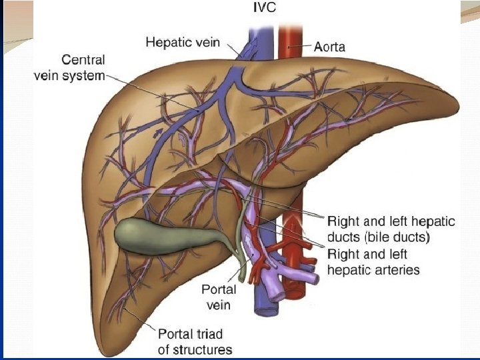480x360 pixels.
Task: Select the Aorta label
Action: click(331, 47)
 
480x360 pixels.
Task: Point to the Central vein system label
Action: click(69, 67)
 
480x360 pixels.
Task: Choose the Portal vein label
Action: click(219, 297)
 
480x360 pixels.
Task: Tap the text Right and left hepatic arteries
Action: click(373, 261)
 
